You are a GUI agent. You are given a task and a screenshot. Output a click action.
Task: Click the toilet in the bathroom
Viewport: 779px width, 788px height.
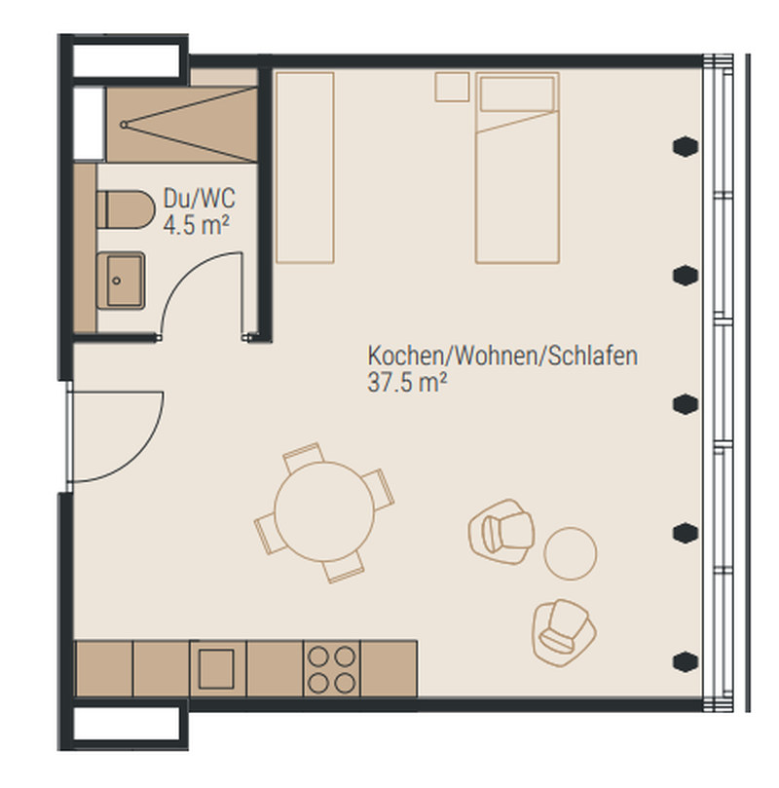(126, 209)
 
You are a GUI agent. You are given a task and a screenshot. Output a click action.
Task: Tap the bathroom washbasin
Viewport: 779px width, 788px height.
(121, 281)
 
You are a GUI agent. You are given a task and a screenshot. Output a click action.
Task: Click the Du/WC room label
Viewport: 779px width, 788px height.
(200, 198)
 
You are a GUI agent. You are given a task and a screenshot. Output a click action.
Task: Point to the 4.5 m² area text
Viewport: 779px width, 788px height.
(197, 224)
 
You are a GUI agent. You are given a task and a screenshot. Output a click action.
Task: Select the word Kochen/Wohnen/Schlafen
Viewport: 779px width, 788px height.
(502, 356)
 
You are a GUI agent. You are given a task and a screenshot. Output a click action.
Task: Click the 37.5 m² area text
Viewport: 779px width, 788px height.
(407, 383)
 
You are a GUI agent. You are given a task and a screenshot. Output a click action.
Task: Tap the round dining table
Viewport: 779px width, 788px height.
(324, 511)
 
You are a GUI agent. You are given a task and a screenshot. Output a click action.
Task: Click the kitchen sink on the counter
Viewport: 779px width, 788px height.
(216, 669)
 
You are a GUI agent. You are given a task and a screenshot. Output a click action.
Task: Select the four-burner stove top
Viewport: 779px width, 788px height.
(331, 669)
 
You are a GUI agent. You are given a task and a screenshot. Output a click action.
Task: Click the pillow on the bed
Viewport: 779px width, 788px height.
(517, 94)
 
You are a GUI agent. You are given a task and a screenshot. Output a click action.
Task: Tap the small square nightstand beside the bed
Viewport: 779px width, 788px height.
(452, 87)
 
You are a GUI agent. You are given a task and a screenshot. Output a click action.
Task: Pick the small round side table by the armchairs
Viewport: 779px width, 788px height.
(571, 553)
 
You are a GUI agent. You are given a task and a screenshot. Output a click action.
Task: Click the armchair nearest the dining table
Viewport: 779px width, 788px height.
(501, 531)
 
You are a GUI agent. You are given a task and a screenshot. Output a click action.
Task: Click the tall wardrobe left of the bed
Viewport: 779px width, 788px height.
(305, 168)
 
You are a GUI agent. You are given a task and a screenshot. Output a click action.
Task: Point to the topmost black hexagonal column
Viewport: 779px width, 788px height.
(686, 147)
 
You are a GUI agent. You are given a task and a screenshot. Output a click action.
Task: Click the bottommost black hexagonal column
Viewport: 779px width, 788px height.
(686, 661)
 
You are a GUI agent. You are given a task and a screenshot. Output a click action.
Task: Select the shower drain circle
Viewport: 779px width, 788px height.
(124, 125)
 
